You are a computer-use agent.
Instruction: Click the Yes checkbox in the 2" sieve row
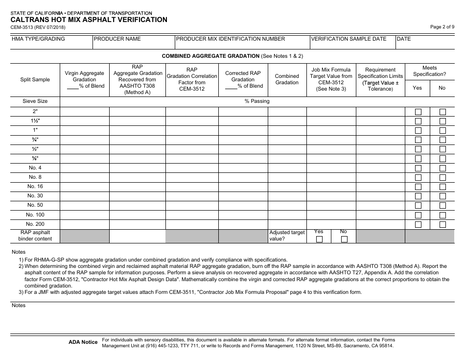pos(418,112)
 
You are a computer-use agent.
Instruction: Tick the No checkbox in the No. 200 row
pos(442,224)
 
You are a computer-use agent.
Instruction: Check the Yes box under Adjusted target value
pos(319,239)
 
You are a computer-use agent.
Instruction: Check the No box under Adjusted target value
pos(344,239)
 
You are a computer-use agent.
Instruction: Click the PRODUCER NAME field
pos(133,43)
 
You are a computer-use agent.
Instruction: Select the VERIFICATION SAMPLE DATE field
pos(352,43)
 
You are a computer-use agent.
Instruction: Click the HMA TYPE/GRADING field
pos(51,43)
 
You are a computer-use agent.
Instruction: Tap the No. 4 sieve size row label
pos(35,168)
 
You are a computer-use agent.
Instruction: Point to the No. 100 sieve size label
pos(35,215)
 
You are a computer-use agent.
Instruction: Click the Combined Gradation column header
pos(287,79)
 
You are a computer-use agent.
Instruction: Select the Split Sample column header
pos(35,79)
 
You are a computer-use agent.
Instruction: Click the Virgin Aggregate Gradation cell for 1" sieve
pos(84,130)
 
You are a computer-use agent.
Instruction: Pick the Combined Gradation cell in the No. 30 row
pos(287,196)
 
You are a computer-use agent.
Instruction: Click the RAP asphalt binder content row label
pos(35,236)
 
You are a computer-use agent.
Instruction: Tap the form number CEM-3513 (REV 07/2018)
pos(38,27)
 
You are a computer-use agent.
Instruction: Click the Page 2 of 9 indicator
pos(442,27)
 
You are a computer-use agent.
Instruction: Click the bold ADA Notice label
pos(83,342)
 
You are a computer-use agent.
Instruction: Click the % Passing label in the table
pos(257,101)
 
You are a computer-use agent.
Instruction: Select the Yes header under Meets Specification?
pos(417,88)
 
